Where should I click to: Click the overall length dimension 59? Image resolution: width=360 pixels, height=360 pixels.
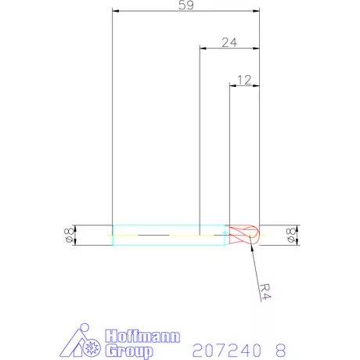186,5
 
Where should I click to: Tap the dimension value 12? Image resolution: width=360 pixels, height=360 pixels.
243,79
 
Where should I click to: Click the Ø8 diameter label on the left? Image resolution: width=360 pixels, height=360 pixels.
69,235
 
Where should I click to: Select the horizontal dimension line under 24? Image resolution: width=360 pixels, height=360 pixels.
219,49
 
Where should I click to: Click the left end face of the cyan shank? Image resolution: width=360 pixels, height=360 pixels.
113,235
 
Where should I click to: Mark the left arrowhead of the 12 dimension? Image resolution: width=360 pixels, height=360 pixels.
232,85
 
